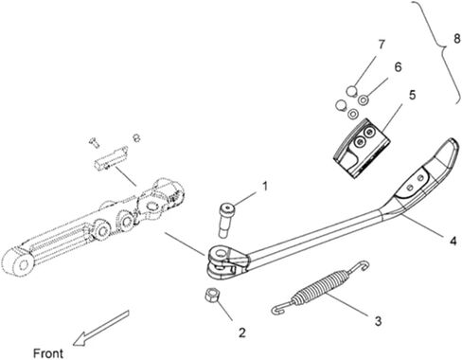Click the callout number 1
[x=265, y=186]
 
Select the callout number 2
[x=241, y=333]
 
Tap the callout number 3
[x=378, y=321]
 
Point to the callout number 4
[x=453, y=241]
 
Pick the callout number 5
[x=412, y=95]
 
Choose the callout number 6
[x=398, y=67]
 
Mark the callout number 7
[x=382, y=45]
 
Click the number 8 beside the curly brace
[x=456, y=40]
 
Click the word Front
[x=48, y=353]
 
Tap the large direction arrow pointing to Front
[x=100, y=328]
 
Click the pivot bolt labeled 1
[x=226, y=221]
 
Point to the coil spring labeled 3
[x=319, y=287]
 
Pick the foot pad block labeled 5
[x=361, y=149]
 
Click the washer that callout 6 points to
[x=364, y=99]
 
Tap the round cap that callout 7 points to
[x=351, y=91]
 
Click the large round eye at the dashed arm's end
[x=18, y=264]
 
